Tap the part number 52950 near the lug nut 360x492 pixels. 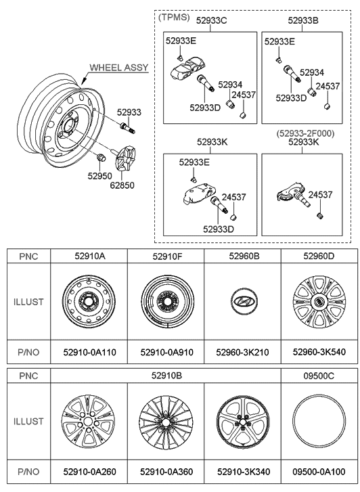click(99, 175)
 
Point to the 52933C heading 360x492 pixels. click(211, 21)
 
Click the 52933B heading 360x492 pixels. click(302, 21)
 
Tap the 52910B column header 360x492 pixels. click(165, 374)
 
